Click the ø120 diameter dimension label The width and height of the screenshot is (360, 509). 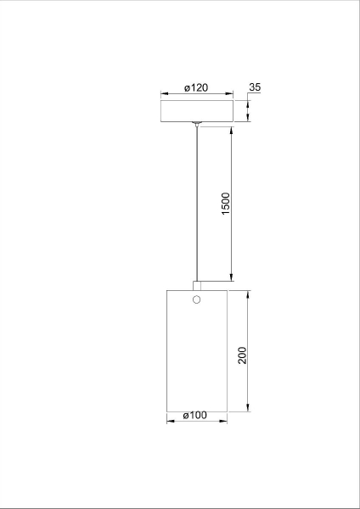point(196,87)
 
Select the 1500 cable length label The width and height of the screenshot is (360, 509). point(226,204)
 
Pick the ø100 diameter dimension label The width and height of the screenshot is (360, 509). point(195,415)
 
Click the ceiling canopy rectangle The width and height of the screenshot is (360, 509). point(196,111)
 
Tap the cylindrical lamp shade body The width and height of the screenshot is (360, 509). point(196,356)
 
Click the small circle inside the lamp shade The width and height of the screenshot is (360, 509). point(196,300)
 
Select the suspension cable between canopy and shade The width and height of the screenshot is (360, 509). point(196,204)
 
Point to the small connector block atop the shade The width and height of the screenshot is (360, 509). point(196,285)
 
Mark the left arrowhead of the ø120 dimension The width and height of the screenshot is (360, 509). point(164,94)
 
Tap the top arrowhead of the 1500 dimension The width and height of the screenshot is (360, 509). point(232,131)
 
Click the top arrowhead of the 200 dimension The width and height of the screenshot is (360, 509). point(248,294)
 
